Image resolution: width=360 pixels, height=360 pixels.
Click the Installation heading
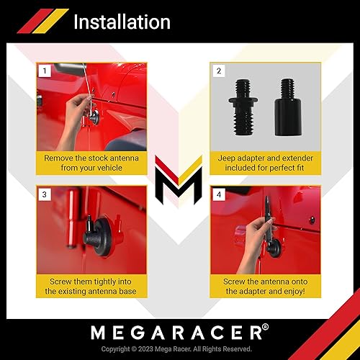point(122,22)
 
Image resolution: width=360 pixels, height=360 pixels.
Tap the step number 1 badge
point(45,71)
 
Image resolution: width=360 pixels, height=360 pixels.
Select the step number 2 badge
point(219,71)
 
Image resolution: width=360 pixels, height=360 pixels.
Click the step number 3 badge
point(45,194)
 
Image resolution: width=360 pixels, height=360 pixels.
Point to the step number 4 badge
point(219,194)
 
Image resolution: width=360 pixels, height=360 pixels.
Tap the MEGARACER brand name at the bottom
point(179,333)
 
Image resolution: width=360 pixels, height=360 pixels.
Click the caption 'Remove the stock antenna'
point(92,157)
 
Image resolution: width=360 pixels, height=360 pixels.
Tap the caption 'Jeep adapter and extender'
point(265,157)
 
